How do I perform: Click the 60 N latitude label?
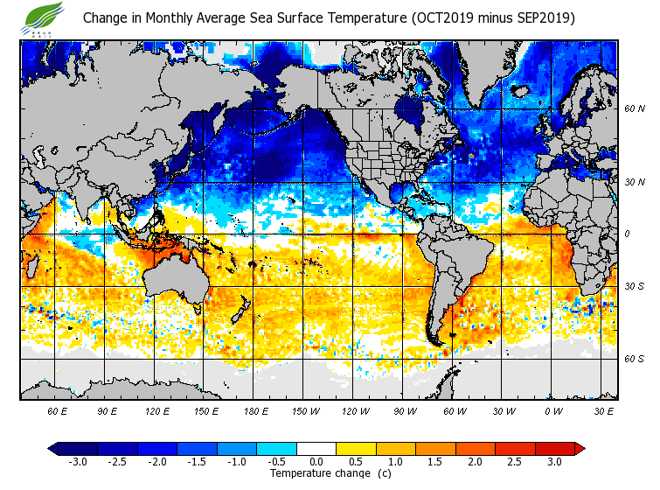[x=634, y=109]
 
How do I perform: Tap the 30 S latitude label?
[x=634, y=286]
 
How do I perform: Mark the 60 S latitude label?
[x=634, y=359]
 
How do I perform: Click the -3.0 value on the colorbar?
[x=78, y=461]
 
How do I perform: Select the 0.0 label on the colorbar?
[x=316, y=461]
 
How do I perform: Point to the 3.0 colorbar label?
[x=554, y=461]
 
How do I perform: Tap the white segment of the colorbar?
[x=316, y=448]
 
